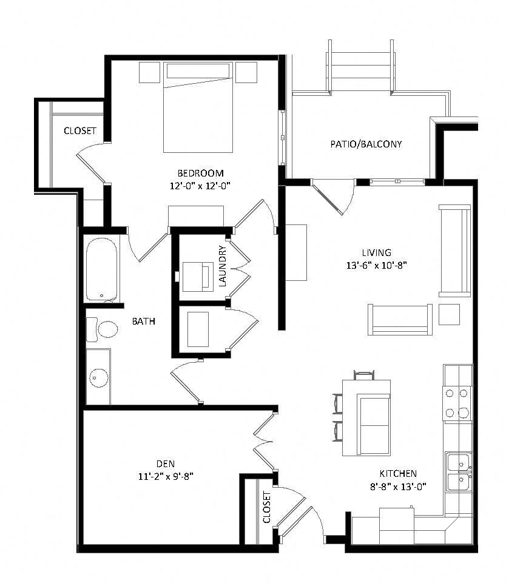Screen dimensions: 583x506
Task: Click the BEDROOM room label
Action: point(200,173)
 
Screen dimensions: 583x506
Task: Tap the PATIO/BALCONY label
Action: point(366,144)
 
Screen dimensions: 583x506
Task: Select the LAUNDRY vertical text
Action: point(223,265)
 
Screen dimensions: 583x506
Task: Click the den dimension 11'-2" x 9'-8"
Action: point(166,476)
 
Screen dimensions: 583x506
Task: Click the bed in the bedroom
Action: point(198,109)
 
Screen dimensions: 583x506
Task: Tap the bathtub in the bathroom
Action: point(103,269)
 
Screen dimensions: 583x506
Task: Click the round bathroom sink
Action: point(98,377)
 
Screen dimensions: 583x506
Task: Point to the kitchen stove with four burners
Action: point(457,403)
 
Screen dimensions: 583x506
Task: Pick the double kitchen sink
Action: point(459,471)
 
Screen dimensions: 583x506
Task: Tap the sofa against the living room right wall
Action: point(454,250)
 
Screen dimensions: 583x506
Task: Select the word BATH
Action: point(144,322)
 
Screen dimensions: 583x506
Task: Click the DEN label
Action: point(165,464)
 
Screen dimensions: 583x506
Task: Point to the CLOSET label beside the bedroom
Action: point(80,131)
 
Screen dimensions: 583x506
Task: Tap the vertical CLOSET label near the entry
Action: point(267,507)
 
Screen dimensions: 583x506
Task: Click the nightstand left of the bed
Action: point(150,72)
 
